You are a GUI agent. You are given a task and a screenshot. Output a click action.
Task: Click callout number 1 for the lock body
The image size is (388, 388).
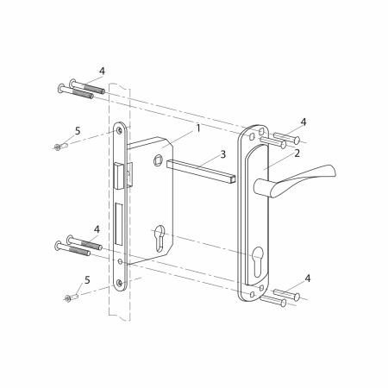[x=198, y=128]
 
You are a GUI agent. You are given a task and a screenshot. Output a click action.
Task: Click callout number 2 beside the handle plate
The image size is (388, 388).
[x=297, y=153]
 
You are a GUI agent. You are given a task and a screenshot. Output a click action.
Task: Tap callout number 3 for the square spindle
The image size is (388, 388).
[x=223, y=154]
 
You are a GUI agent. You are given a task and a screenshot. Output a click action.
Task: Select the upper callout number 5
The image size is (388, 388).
[x=78, y=131]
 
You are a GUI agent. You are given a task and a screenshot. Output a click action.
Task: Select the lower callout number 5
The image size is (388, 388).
[x=87, y=280]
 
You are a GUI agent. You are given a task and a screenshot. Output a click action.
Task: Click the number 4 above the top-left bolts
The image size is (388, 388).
[x=102, y=72]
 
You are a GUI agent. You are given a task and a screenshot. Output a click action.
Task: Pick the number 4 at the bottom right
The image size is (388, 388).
[x=308, y=278]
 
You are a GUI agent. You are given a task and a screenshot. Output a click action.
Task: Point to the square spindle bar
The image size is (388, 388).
[x=201, y=171]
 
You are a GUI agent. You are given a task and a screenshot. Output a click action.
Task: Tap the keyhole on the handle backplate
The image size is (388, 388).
[x=258, y=260]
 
